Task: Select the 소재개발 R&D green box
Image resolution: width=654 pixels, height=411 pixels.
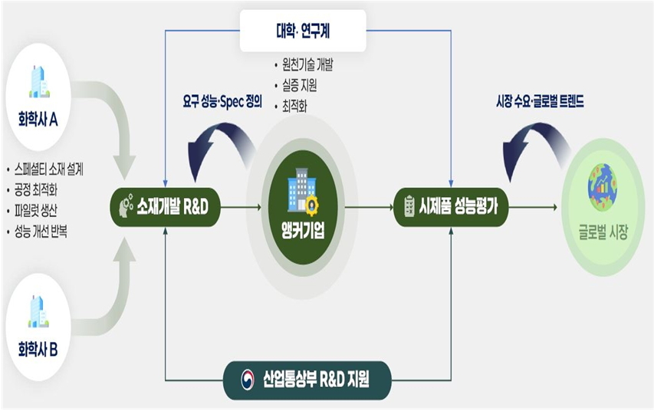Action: [165, 206]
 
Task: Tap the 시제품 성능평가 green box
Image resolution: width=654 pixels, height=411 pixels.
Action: [451, 206]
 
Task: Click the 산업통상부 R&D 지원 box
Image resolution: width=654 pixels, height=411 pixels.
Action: [307, 379]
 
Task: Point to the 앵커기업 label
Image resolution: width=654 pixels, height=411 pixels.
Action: [303, 229]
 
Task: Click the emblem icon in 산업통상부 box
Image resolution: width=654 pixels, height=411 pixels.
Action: [247, 379]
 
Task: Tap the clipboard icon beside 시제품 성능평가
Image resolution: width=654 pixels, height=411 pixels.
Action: [409, 206]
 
